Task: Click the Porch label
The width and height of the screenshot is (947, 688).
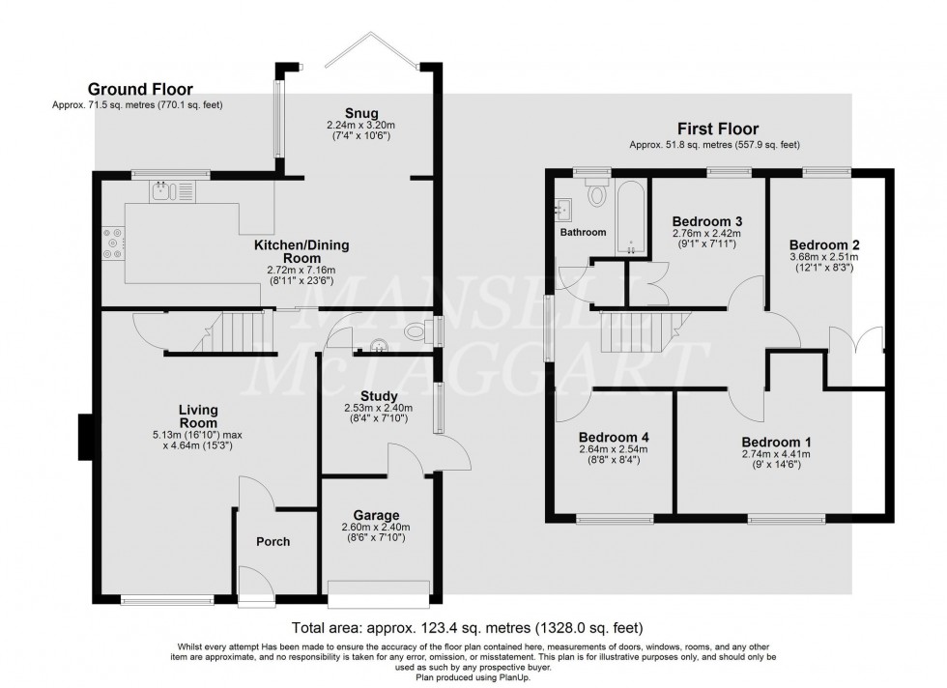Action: click(273, 541)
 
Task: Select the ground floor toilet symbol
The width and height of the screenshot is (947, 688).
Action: click(416, 332)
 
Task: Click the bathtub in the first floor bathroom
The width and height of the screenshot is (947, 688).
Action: click(630, 215)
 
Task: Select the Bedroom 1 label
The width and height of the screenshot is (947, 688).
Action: click(776, 442)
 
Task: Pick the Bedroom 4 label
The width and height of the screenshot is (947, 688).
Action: click(612, 437)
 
